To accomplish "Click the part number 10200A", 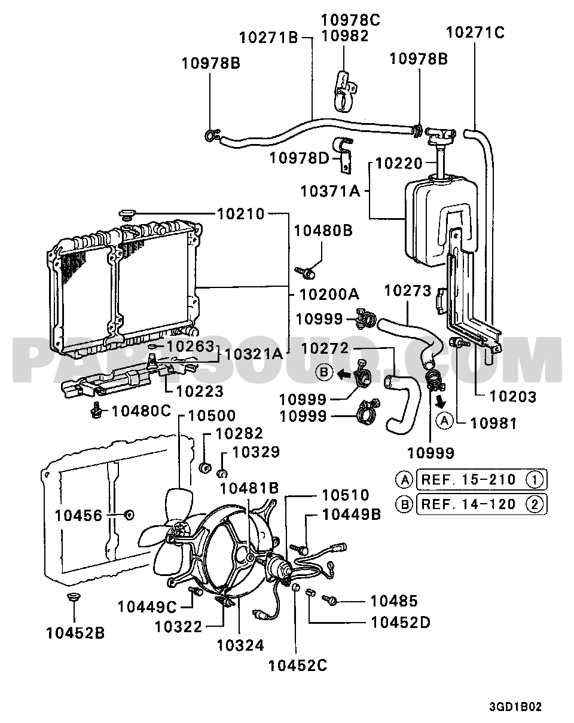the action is click(x=329, y=295).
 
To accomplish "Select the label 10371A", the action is click(x=330, y=191).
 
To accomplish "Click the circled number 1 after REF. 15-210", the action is click(x=535, y=479).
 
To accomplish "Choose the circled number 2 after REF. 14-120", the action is click(x=535, y=504).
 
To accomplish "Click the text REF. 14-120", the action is click(x=468, y=504).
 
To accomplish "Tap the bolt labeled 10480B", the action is click(x=305, y=272).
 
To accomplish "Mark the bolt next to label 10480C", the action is click(x=97, y=410).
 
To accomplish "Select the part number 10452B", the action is click(x=75, y=633).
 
